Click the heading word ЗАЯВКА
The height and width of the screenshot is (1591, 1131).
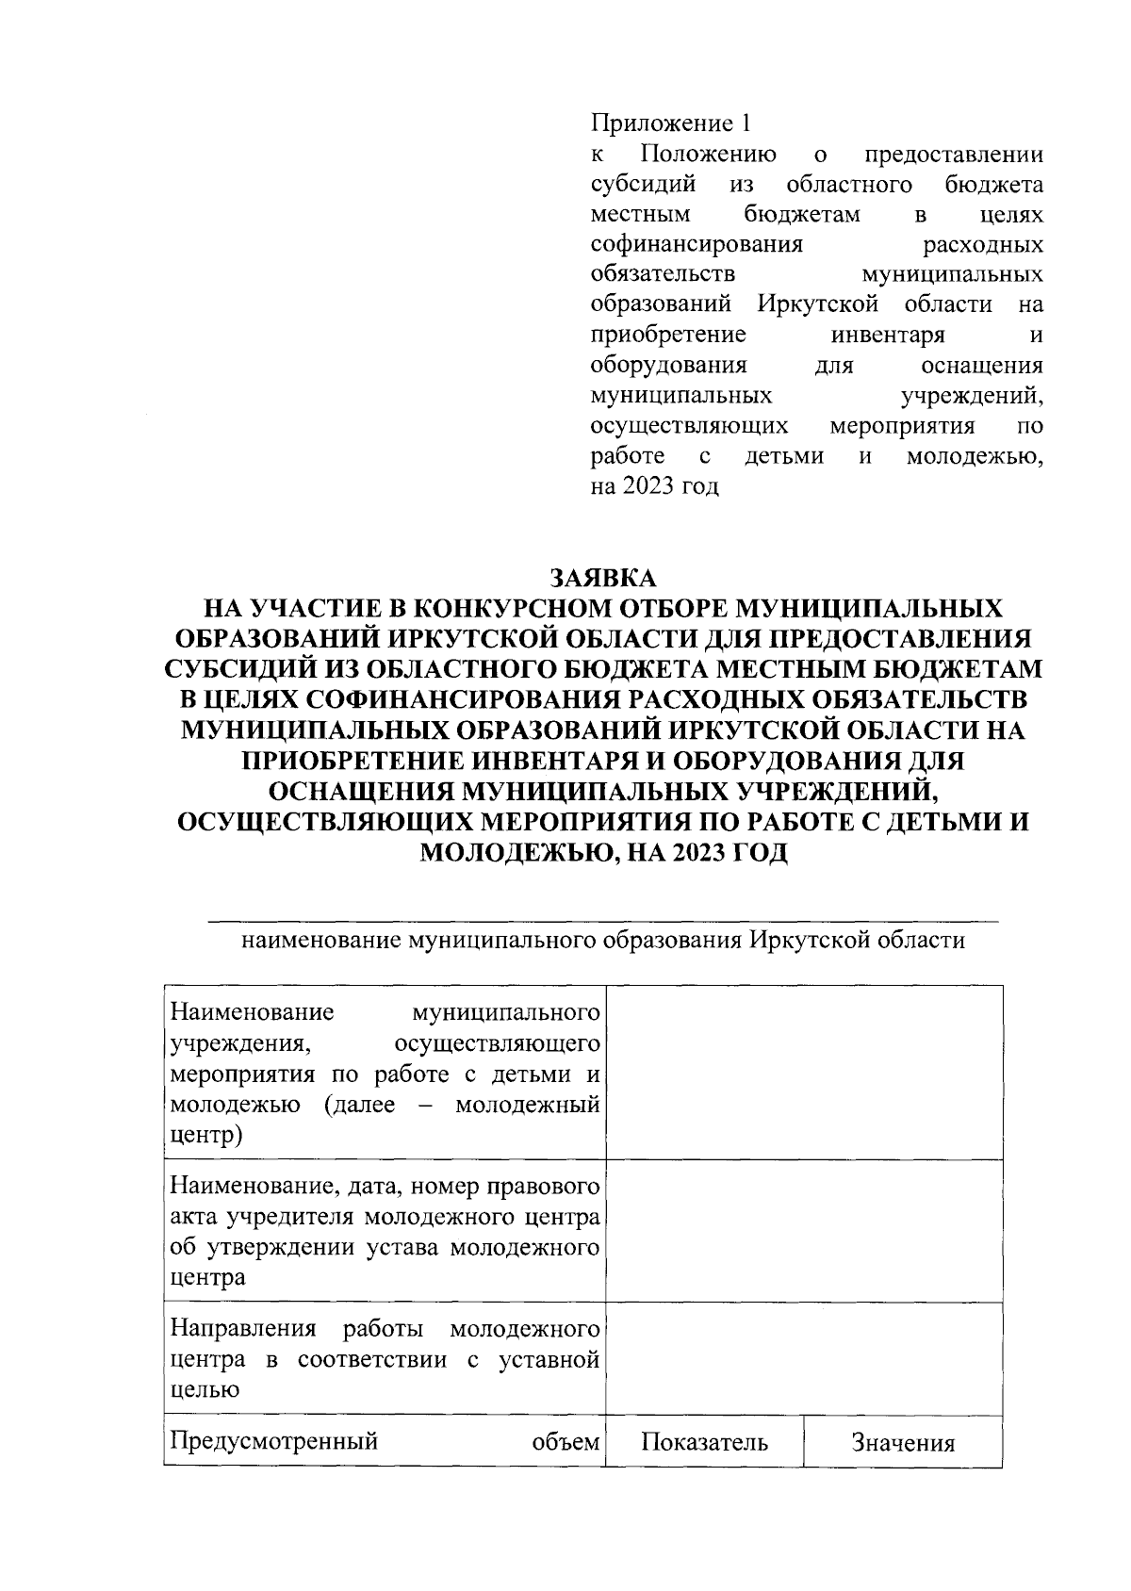tap(603, 576)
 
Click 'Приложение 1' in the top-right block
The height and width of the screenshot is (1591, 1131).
tap(671, 123)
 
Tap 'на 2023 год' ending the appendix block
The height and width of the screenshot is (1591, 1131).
tap(654, 487)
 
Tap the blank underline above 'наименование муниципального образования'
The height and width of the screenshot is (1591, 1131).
tap(603, 919)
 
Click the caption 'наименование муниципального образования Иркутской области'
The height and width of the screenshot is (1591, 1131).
tap(603, 941)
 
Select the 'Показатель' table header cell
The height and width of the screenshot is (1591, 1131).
tap(704, 1443)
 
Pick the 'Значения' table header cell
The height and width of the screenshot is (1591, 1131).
tap(903, 1443)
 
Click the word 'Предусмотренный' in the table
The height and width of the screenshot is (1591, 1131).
tap(274, 1441)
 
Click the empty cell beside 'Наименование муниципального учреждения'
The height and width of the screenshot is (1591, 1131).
tap(804, 1073)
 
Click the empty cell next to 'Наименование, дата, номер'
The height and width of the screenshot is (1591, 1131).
tap(804, 1231)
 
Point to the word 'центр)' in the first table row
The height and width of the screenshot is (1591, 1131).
tap(205, 1135)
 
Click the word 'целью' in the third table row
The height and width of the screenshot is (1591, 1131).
tap(204, 1389)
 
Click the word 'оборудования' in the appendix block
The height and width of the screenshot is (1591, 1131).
tap(668, 365)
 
